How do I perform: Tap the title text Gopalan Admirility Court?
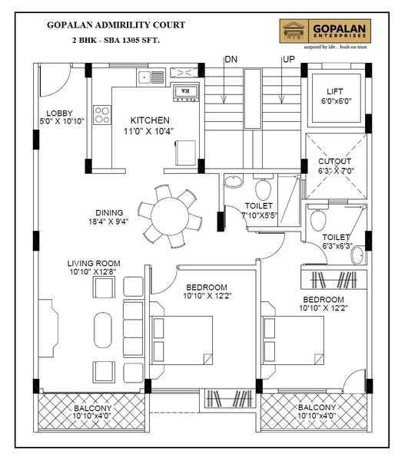(116, 25)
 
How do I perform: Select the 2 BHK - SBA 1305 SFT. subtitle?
(116, 39)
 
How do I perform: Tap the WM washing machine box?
(185, 93)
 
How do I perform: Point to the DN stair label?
(231, 59)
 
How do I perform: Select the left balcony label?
(92, 412)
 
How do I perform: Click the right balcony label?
(316, 412)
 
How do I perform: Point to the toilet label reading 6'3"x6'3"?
(336, 242)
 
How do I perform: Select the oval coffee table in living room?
(102, 329)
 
